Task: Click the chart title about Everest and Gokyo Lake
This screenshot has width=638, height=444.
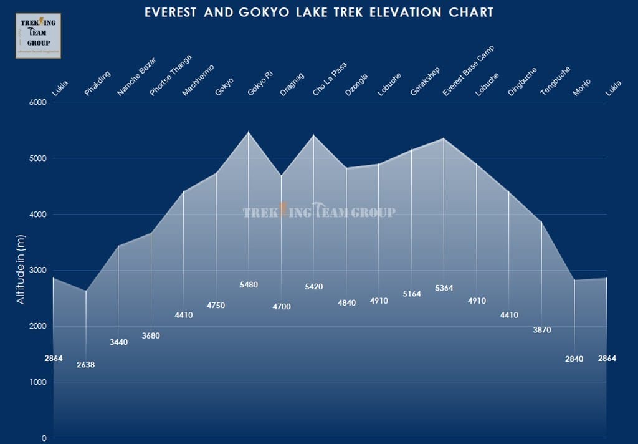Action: pyautogui.click(x=318, y=12)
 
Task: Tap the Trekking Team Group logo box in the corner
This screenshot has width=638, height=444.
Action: pyautogui.click(x=38, y=36)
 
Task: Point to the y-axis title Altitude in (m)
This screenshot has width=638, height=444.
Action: pyautogui.click(x=21, y=269)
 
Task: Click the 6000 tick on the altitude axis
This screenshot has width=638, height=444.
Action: pyautogui.click(x=38, y=102)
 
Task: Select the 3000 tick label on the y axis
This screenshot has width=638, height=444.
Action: pyautogui.click(x=38, y=270)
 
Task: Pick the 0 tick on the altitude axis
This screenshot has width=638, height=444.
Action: pyautogui.click(x=44, y=438)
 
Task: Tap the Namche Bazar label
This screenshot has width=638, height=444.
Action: pyautogui.click(x=136, y=77)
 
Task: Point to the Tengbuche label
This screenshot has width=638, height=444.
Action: pyautogui.click(x=555, y=80)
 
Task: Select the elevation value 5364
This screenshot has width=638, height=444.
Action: pyautogui.click(x=444, y=288)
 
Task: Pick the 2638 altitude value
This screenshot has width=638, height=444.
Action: pyautogui.click(x=85, y=365)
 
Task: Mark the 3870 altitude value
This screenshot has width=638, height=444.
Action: pyautogui.click(x=542, y=330)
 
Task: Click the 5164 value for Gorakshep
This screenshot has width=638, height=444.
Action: pyautogui.click(x=411, y=294)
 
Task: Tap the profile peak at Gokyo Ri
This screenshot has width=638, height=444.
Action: pyautogui.click(x=249, y=132)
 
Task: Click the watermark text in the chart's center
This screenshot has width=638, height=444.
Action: pyautogui.click(x=318, y=212)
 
